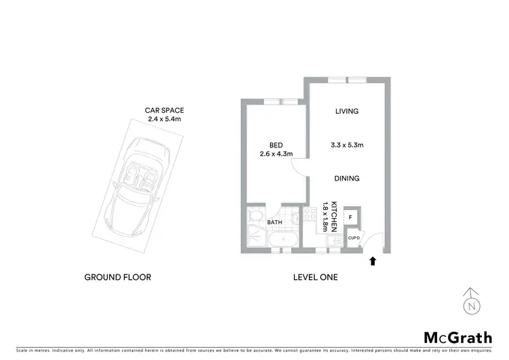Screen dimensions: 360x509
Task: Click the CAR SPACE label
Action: (x=164, y=110)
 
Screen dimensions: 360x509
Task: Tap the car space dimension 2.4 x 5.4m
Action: (x=164, y=119)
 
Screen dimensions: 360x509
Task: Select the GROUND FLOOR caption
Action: (x=117, y=277)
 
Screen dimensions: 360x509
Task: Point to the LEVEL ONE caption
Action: (x=315, y=277)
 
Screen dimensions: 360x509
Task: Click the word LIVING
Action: (x=346, y=111)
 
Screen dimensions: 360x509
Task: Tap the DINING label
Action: (x=346, y=179)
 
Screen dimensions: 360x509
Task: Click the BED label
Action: (x=276, y=145)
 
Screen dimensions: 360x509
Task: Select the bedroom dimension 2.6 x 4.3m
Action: (x=276, y=154)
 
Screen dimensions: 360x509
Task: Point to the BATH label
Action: (x=275, y=222)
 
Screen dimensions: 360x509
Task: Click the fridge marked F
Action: (x=350, y=217)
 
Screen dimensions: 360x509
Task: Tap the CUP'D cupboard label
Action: (x=353, y=238)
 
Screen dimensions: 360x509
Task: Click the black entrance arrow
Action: (x=371, y=259)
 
